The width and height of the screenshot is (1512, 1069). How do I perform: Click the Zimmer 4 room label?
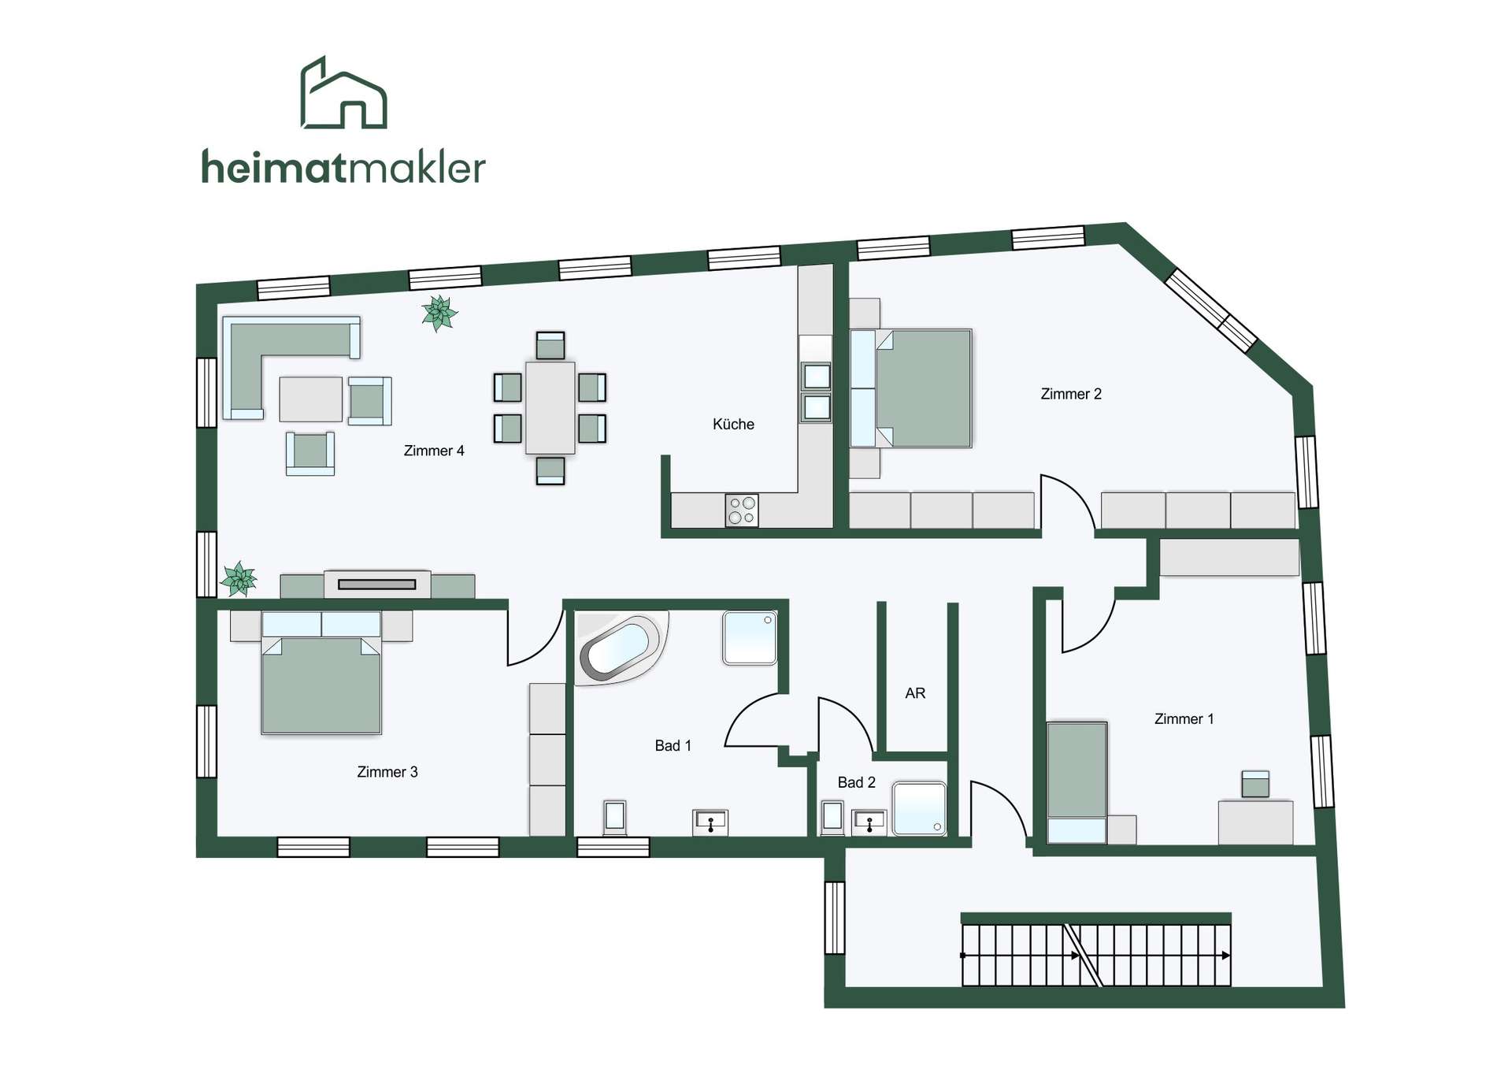pyautogui.click(x=434, y=451)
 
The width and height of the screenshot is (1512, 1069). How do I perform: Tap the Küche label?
pyautogui.click(x=733, y=424)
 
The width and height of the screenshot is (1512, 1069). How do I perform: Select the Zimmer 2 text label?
pyautogui.click(x=1071, y=394)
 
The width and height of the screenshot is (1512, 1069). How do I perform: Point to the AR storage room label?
pyautogui.click(x=915, y=693)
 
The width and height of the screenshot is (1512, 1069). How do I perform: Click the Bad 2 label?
pyautogui.click(x=856, y=782)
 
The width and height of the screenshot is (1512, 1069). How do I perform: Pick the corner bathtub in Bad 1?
pyautogui.click(x=621, y=648)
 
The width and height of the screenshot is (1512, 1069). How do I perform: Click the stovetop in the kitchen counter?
pyautogui.click(x=742, y=510)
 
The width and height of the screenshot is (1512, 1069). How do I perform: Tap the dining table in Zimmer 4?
pyautogui.click(x=550, y=407)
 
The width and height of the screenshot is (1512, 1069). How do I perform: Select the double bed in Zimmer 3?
pyautogui.click(x=321, y=673)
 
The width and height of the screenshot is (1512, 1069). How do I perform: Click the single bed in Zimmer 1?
pyautogui.click(x=1077, y=782)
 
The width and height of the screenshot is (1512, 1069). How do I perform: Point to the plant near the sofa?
pyautogui.click(x=439, y=313)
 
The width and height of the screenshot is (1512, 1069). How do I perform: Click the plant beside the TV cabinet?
pyautogui.click(x=239, y=579)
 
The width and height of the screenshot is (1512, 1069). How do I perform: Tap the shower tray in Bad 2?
pyautogui.click(x=919, y=807)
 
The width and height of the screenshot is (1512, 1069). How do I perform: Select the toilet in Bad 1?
pyautogui.click(x=614, y=818)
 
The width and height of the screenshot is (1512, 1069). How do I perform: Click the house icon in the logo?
pyautogui.click(x=344, y=92)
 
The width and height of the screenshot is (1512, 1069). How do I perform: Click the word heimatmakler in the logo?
pyautogui.click(x=343, y=167)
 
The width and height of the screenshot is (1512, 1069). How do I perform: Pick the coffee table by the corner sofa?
pyautogui.click(x=311, y=399)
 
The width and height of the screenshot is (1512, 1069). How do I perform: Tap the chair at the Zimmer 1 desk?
pyautogui.click(x=1255, y=784)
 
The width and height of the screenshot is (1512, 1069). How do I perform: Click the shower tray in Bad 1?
pyautogui.click(x=750, y=638)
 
